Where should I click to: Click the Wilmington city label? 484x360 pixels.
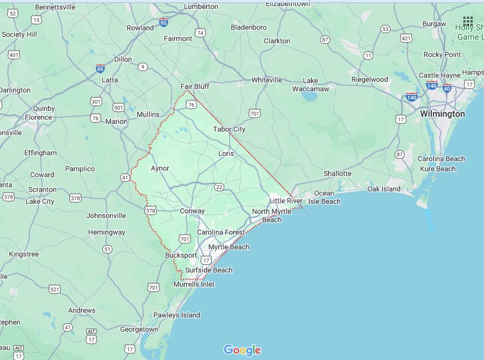[442, 113]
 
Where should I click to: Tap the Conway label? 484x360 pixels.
[192, 211]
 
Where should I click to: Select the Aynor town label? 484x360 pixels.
[160, 168]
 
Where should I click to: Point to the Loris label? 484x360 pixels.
[226, 153]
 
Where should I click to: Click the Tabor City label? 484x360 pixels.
[229, 129]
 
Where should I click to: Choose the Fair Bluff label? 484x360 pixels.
[195, 86]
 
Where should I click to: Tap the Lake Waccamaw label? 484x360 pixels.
[311, 85]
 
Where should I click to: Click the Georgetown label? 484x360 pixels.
[139, 329]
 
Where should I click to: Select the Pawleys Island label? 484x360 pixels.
[177, 315]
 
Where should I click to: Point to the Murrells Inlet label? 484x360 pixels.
[193, 284]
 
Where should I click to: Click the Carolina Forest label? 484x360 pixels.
[221, 232]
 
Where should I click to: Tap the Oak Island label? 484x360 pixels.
[383, 189]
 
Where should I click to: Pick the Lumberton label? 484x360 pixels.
[201, 7]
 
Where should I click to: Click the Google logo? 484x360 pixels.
[242, 350]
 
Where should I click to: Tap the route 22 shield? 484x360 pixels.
[219, 187]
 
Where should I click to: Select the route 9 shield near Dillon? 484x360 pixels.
[143, 66]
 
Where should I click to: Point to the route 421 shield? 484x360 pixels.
[406, 38]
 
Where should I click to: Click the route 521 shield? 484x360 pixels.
[54, 289]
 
